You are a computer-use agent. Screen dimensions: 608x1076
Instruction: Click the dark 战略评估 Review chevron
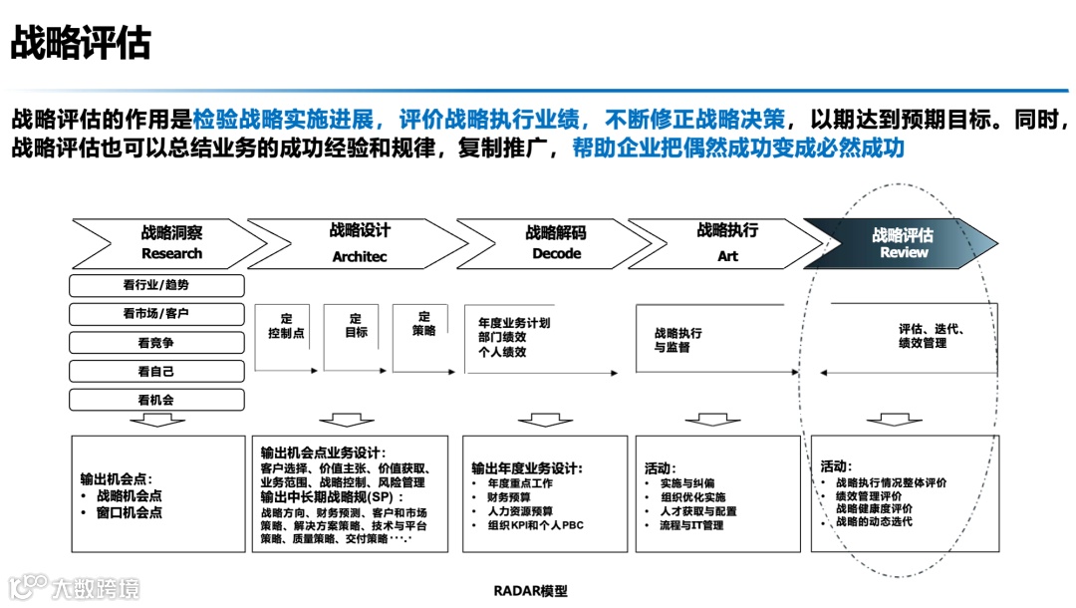903,243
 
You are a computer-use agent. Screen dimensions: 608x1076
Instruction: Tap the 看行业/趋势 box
156,285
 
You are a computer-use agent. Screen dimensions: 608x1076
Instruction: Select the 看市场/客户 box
156,314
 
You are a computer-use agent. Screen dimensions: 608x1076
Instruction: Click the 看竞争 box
156,343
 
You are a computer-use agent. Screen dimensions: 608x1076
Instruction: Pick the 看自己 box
156,372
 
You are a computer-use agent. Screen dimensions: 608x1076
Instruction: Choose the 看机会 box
156,401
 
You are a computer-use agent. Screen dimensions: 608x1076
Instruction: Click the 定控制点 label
286,326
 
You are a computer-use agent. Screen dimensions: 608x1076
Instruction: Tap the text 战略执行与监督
678,340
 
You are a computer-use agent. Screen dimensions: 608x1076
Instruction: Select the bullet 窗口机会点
130,512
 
